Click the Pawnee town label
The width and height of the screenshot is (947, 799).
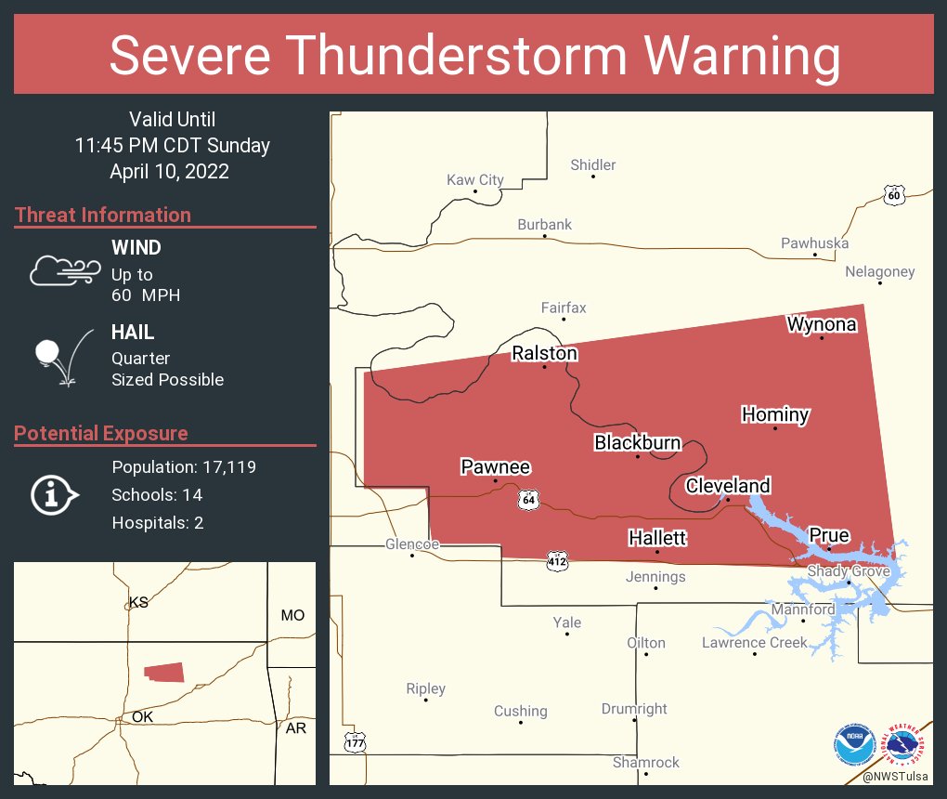point(496,466)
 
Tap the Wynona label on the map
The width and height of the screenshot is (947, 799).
point(821,324)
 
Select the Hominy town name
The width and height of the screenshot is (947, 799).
point(775,414)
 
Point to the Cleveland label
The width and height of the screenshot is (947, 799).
point(728,485)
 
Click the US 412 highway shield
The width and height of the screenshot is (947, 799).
point(556,561)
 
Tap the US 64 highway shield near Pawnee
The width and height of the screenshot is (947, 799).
point(528,499)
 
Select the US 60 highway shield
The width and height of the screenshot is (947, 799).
point(893,194)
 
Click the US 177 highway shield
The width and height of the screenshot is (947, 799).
point(356,742)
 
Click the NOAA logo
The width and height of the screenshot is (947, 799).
point(854,743)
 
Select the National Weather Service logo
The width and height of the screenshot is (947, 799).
point(905,743)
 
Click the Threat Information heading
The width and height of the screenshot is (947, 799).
point(103,215)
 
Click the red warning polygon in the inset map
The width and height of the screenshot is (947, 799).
point(164,673)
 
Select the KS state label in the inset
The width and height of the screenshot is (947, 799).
point(138,602)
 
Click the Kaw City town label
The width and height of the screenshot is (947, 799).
point(475,179)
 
